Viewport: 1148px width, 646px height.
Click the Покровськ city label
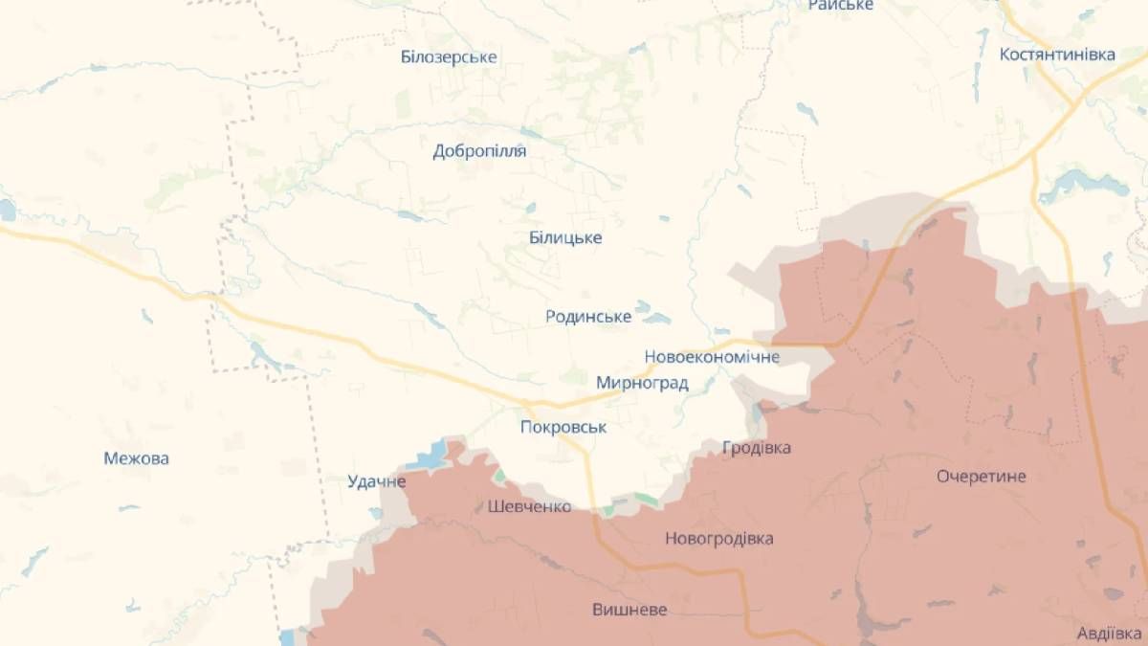(563, 427)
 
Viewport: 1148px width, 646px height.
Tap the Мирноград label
(642, 383)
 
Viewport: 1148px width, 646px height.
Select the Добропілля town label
(479, 151)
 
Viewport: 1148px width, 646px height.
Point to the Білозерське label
(449, 57)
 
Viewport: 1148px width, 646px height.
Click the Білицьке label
(565, 237)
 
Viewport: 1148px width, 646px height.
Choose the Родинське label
(588, 316)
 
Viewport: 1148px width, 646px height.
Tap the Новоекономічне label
(712, 357)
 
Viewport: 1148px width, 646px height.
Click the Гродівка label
(757, 447)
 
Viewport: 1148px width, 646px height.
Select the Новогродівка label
(719, 539)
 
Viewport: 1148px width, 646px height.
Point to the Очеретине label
(982, 476)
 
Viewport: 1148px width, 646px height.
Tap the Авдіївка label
(1111, 634)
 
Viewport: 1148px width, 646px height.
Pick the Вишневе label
(629, 610)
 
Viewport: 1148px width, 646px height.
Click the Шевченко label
(529, 506)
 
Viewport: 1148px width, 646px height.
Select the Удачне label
(377, 481)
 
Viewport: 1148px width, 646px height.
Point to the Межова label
(137, 458)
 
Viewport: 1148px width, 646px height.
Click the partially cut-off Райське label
(841, 6)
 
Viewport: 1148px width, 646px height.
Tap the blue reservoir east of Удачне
(432, 456)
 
